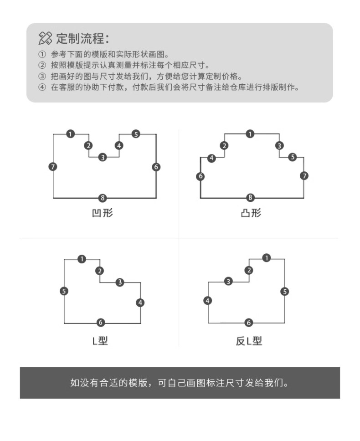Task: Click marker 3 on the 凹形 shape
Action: [x=103, y=157]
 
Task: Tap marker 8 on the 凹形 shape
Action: [x=103, y=198]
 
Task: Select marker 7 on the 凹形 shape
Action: [x=53, y=167]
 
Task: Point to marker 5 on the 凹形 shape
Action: [x=136, y=134]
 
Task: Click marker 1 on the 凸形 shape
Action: [x=250, y=134]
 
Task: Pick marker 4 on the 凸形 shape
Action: [x=212, y=158]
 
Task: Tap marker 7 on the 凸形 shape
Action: [x=304, y=176]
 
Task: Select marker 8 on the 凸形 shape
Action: [x=250, y=198]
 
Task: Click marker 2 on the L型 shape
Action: [x=100, y=271]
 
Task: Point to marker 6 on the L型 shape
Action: [x=101, y=323]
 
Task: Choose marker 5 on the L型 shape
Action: [x=64, y=291]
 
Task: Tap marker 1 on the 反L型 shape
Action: [x=267, y=258]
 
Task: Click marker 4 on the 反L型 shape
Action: [x=208, y=301]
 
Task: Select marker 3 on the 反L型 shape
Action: [x=228, y=282]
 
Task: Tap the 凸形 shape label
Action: [x=251, y=213]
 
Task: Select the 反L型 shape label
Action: [x=249, y=341]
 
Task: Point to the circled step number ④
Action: [x=42, y=87]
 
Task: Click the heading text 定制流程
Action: [x=82, y=38]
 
